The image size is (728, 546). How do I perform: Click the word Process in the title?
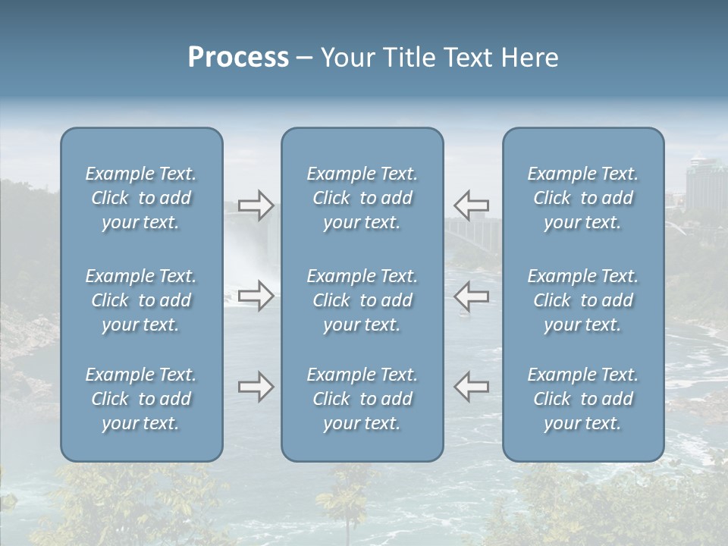coord(238,58)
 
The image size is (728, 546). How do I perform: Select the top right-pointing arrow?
coord(256,206)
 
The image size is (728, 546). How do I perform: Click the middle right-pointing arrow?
coord(256,295)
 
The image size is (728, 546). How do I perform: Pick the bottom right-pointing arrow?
coord(256,387)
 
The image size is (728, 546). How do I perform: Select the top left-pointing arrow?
coord(471,205)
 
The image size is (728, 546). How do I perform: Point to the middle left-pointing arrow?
coord(471,295)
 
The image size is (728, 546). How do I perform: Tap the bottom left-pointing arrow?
coord(471,386)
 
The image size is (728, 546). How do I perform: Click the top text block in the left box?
coord(141,198)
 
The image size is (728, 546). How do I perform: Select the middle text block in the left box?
coord(141,300)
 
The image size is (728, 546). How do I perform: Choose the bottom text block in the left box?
coord(141,399)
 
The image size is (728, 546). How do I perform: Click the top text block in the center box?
coord(362,198)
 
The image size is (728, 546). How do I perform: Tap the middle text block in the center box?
coord(362,300)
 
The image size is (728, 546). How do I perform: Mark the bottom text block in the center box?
coord(362,399)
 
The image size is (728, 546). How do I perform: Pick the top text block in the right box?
coord(583,198)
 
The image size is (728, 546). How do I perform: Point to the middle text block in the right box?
coord(583,300)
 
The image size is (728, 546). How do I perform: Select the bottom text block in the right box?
coord(583,399)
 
